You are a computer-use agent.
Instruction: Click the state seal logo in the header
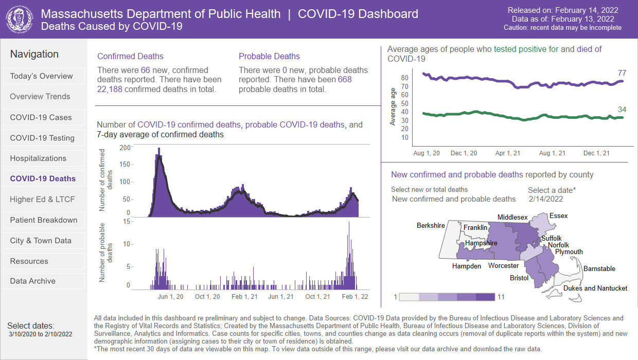(20, 20)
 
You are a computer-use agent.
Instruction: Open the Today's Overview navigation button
(44, 76)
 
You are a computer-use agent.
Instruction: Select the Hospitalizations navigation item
(44, 158)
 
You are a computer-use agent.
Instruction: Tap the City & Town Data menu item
(44, 241)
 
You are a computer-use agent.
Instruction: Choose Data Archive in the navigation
(44, 281)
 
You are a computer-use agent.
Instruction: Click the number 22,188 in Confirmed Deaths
(110, 89)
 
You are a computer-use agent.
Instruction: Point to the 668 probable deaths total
(345, 79)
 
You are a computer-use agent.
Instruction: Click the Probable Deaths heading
(269, 57)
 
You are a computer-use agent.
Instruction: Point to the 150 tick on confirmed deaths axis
(125, 164)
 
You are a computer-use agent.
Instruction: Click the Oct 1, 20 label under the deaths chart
(207, 297)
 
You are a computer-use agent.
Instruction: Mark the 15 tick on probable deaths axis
(127, 221)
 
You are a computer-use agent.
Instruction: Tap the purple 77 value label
(622, 73)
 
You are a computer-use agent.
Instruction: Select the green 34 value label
(622, 109)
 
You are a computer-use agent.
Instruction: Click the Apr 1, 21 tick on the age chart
(507, 153)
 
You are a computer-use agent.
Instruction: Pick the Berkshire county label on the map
(431, 225)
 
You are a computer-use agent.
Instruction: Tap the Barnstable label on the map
(599, 268)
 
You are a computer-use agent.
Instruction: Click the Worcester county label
(503, 265)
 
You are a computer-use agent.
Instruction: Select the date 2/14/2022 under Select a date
(546, 199)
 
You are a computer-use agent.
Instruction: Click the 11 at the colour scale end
(501, 297)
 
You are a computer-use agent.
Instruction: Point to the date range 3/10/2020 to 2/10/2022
(41, 334)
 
